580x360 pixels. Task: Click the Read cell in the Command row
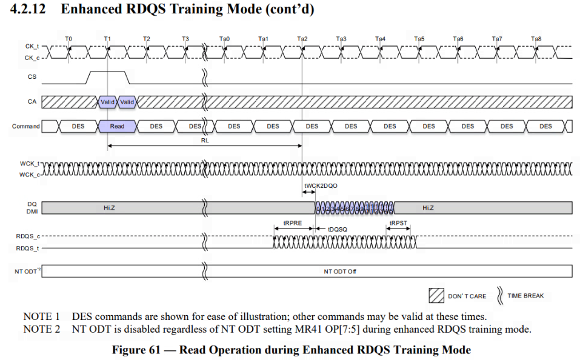(x=117, y=126)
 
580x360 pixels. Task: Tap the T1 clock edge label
(x=107, y=39)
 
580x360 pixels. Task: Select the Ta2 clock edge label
(x=302, y=39)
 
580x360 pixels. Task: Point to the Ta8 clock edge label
(x=536, y=39)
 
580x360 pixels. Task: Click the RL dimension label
(x=205, y=139)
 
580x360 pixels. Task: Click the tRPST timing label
(x=399, y=223)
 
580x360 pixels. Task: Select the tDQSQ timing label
(x=338, y=230)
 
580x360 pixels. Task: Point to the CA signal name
(x=32, y=101)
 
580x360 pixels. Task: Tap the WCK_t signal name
(x=29, y=164)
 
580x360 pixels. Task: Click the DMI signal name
(x=33, y=212)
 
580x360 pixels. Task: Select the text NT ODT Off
(x=340, y=271)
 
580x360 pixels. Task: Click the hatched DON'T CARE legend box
(x=436, y=296)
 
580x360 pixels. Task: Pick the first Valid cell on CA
(x=107, y=102)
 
